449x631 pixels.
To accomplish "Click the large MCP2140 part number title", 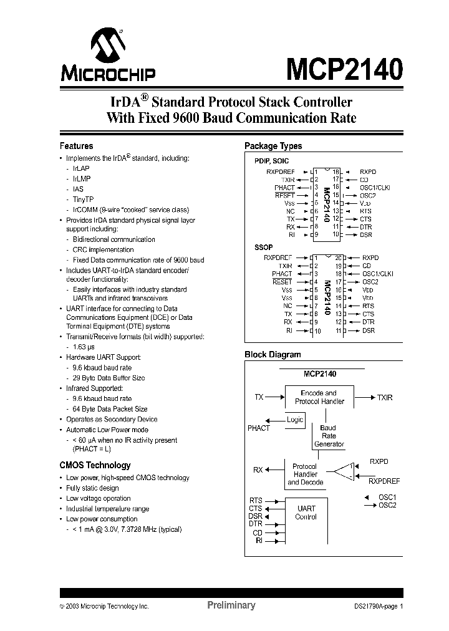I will click(344, 69).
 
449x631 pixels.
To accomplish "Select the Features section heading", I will click(76, 146).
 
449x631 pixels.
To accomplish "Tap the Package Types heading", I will click(273, 146).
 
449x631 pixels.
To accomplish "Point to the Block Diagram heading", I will click(273, 354).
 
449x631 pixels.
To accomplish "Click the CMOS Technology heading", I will click(95, 465).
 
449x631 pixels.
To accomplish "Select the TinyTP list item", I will click(84, 200).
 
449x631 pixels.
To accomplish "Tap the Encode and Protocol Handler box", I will click(318, 397).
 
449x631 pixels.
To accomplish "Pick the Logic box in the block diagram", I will click(294, 420).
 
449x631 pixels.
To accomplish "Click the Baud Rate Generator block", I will click(329, 436).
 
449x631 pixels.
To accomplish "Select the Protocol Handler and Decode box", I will click(305, 474).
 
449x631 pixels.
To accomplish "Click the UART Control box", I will click(306, 513).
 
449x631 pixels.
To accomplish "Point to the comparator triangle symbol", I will click(344, 471).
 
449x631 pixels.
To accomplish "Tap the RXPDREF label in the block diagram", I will click(384, 481).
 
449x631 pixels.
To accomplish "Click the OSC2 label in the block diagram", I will click(387, 505).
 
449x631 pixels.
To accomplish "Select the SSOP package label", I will click(263, 248).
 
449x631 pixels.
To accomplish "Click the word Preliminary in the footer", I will click(231, 605).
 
